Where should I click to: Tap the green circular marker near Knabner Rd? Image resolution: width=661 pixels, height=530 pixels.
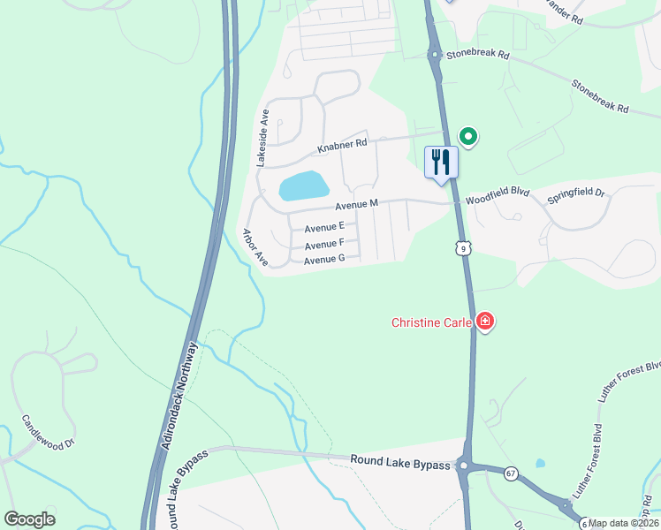(x=468, y=137)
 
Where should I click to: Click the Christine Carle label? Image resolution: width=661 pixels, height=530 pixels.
(x=432, y=322)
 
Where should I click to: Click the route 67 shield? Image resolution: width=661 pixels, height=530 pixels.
(x=511, y=474)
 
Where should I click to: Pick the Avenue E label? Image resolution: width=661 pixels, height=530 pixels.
(x=324, y=227)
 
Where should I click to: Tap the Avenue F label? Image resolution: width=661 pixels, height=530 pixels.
(x=323, y=243)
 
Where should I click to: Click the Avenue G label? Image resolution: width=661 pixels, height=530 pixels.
(x=323, y=260)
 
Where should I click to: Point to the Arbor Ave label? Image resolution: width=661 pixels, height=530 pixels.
(x=255, y=247)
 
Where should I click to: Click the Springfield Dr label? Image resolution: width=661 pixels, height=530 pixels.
(x=575, y=193)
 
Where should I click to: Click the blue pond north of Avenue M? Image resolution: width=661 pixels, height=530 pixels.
(x=303, y=185)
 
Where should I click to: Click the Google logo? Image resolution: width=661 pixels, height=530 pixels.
(x=29, y=519)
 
